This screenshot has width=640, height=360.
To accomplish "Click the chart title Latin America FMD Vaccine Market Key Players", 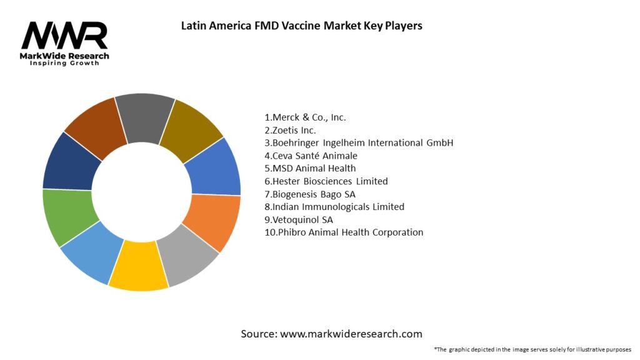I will click(301, 26).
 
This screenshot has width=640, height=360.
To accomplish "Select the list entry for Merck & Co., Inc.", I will click(305, 117).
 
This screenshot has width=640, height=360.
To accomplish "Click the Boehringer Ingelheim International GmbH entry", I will click(359, 142).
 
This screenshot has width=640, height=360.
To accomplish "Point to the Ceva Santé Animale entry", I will click(311, 156).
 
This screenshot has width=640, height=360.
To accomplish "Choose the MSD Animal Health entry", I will click(310, 168).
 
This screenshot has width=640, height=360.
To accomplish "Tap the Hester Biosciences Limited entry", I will click(326, 181).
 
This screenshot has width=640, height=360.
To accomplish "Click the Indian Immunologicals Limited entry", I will click(334, 206).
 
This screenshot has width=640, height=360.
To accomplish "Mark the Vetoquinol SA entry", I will click(299, 219).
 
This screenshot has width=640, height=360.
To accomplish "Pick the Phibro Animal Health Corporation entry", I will click(344, 232).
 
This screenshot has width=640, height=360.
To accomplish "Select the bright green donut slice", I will click(67, 217).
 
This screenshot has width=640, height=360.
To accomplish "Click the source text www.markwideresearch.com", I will click(331, 334).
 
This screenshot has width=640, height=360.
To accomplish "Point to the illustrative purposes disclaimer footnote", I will click(532, 349).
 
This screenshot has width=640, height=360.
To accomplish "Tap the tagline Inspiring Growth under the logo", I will click(64, 64).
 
